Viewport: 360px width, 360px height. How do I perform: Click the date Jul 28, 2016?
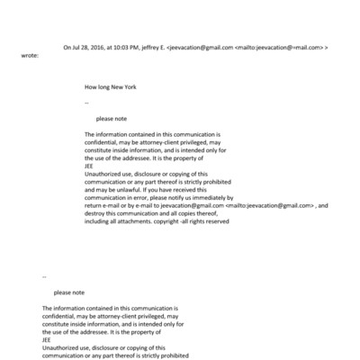coord(89,47)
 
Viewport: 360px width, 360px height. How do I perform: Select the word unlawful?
coord(116,191)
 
